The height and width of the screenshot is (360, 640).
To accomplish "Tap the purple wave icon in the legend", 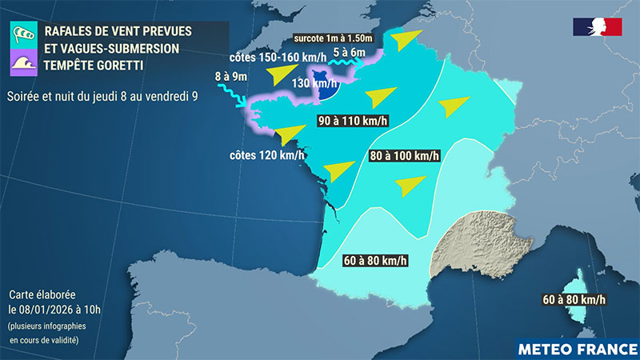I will (x=24, y=62).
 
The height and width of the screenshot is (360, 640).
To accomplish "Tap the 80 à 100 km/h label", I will (x=404, y=156).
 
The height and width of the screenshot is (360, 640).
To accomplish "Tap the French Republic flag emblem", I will (x=597, y=26).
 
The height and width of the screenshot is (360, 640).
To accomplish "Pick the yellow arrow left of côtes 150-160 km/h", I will (x=280, y=75).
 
